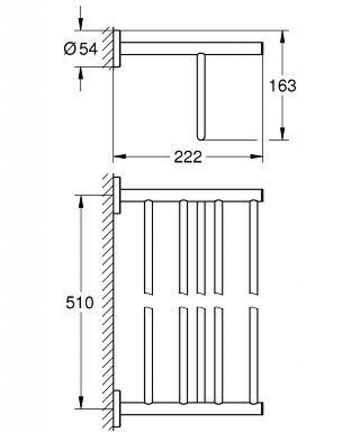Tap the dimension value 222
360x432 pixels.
(x=188, y=157)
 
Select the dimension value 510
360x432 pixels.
(x=80, y=302)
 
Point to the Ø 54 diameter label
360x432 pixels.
(x=81, y=49)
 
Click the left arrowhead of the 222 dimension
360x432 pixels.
(x=119, y=157)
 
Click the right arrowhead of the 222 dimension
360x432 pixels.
(x=256, y=157)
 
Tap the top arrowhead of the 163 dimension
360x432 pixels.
(x=282, y=36)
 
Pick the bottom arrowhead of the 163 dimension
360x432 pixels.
(x=282, y=134)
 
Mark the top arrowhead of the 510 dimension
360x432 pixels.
(x=81, y=201)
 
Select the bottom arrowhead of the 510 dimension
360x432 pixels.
(x=81, y=402)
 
